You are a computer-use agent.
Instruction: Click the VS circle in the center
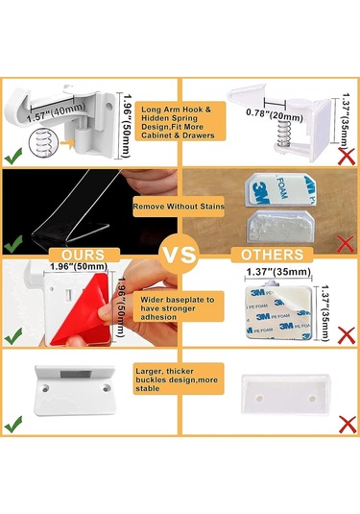tap(180, 254)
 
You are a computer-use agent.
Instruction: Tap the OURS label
tap(84, 255)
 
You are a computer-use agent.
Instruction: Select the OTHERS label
tap(272, 255)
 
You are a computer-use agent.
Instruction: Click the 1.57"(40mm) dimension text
tap(57, 112)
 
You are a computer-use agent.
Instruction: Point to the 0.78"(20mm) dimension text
tap(275, 115)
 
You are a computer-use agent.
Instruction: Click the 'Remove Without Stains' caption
tap(179, 207)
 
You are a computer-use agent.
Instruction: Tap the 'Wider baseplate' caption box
tap(179, 308)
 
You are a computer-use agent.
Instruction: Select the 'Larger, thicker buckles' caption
tap(179, 379)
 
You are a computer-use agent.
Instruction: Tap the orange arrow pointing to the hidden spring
tap(67, 143)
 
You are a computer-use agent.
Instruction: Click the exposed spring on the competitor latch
tap(282, 133)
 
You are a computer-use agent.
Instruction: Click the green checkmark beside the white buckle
tap(13, 424)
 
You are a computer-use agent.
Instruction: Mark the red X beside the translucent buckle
tap(347, 425)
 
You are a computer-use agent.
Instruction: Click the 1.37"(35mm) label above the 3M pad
tap(278, 272)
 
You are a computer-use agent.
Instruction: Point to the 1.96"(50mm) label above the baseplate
tap(79, 266)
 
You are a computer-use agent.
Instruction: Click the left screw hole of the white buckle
tap(45, 389)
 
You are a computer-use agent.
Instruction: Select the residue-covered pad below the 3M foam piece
tap(280, 226)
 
